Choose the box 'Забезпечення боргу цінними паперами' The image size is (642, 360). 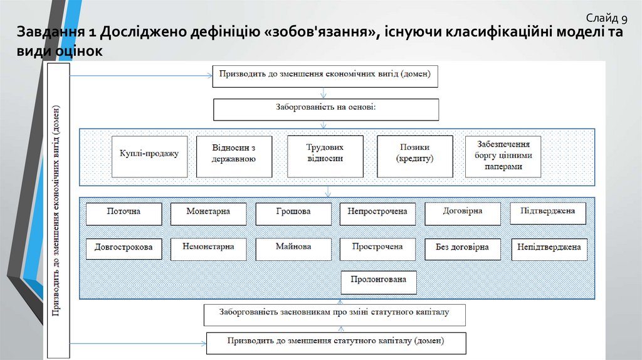(503, 157)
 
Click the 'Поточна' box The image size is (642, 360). (124, 213)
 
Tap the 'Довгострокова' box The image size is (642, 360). (124, 248)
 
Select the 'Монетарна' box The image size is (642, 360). (208, 213)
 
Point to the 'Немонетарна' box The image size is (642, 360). (208, 248)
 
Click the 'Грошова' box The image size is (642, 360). (293, 213)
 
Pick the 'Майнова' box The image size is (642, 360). (293, 248)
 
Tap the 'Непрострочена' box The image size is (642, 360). (377, 213)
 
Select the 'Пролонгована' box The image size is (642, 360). (379, 282)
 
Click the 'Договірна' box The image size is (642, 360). (463, 213)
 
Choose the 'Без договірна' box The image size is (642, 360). (463, 248)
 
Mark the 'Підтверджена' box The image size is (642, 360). (547, 213)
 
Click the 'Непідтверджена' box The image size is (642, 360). (549, 248)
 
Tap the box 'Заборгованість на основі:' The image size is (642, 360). (326, 109)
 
